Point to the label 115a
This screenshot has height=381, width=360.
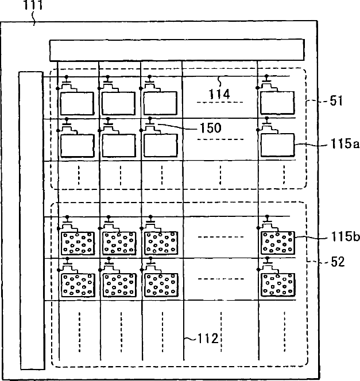click(x=341, y=146)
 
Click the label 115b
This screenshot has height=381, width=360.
click(x=342, y=236)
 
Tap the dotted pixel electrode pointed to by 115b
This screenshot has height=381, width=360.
click(x=278, y=242)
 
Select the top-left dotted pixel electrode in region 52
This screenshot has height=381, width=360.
click(x=78, y=242)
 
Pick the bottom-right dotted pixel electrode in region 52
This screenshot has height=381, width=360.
click(x=278, y=283)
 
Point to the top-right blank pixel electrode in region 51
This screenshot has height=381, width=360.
click(x=277, y=103)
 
